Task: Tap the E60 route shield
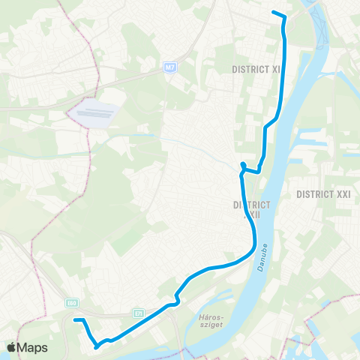coord(71,303)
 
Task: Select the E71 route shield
coord(139,313)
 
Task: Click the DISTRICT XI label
coord(256,68)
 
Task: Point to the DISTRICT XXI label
coord(323,193)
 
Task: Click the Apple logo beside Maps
coord(11,348)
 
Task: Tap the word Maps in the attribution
coord(33,348)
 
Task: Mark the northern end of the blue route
coord(273,13)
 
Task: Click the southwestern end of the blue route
coord(74,320)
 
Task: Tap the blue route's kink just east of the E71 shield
coord(175,301)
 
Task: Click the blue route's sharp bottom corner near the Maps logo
coord(96,346)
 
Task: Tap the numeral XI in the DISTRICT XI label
coord(276,68)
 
